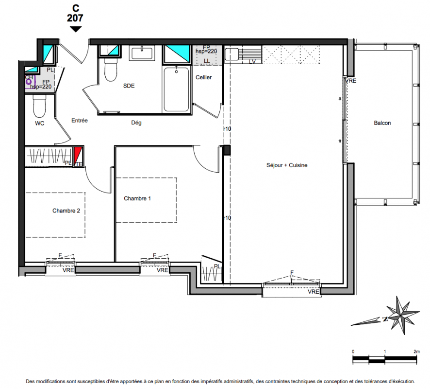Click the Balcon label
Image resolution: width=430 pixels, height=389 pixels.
(x=382, y=123)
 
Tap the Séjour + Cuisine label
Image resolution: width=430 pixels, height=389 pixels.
(x=287, y=165)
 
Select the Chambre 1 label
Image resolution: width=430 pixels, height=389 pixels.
(x=137, y=198)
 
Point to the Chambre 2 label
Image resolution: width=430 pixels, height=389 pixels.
(x=66, y=211)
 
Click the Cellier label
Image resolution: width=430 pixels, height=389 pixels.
(x=203, y=77)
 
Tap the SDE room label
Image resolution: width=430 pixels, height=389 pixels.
(x=129, y=86)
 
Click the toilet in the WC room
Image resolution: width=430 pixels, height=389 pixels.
(x=40, y=106)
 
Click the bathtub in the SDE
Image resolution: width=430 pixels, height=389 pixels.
(x=176, y=89)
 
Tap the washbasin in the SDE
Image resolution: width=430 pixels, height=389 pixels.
(x=142, y=53)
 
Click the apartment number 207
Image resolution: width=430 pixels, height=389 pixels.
(x=75, y=18)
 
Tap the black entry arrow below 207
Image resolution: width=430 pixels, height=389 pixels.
(x=75, y=29)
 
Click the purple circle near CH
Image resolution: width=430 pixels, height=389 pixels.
(x=29, y=82)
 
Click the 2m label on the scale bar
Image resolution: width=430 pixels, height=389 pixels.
(x=416, y=352)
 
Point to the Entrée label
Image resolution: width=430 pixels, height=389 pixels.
(x=80, y=120)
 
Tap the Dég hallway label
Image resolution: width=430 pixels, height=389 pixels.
(x=136, y=123)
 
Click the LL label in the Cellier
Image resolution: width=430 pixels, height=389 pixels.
(x=207, y=61)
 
